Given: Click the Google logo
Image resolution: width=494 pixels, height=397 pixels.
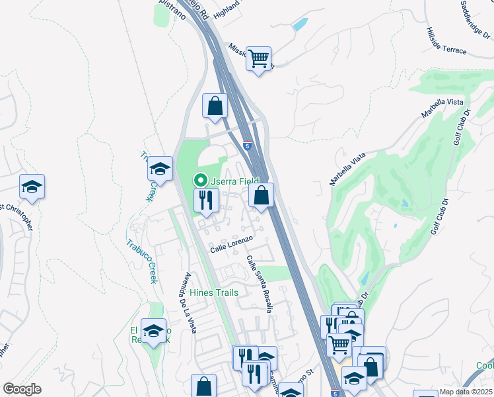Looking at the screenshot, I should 22,389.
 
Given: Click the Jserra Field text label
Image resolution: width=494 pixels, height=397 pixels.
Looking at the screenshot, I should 234,181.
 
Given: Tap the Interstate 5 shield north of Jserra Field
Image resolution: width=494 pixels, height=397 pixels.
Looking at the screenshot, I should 247,145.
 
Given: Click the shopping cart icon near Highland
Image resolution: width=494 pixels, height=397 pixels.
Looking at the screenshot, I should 259,58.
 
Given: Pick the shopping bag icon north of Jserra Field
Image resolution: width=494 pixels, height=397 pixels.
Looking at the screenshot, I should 215,105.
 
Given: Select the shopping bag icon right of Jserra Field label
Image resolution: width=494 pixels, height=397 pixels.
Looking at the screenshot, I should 262,195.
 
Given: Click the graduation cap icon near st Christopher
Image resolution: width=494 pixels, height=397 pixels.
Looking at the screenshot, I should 31,187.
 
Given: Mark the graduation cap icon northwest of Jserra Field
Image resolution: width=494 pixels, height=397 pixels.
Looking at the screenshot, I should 159,169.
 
